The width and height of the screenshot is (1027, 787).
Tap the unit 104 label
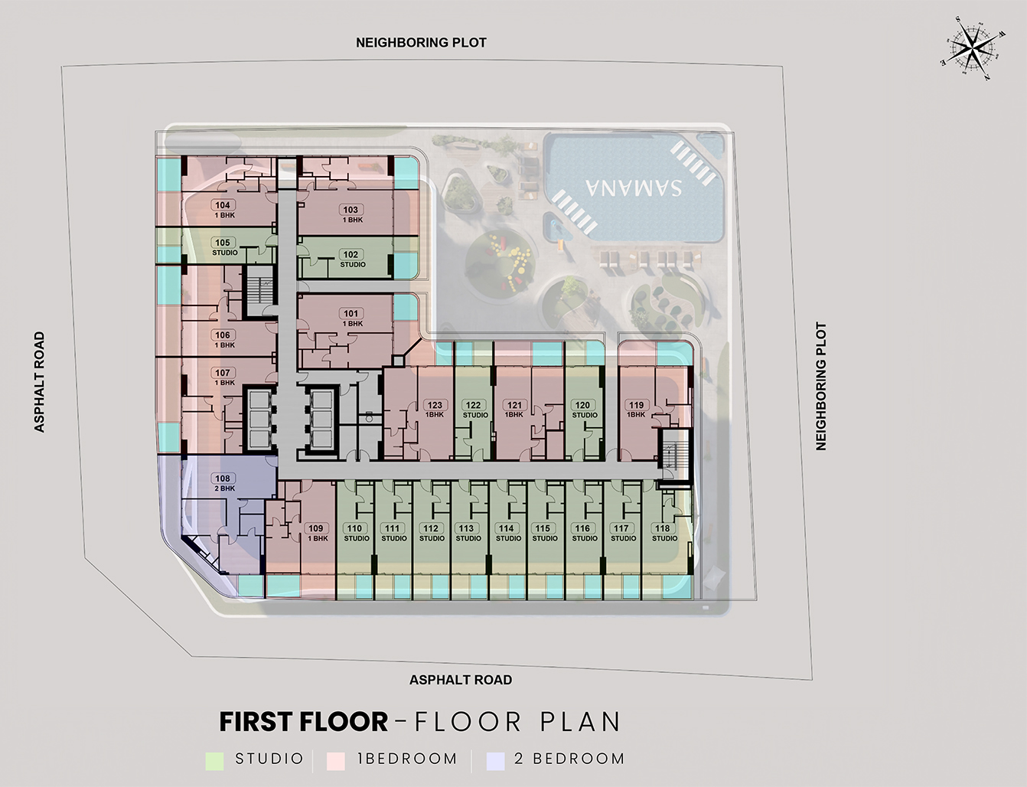pos(223,209)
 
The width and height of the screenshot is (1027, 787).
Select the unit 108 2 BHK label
pos(223,483)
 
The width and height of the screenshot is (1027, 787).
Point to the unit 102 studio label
pos(351,259)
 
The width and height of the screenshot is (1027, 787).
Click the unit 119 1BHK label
pos(636,410)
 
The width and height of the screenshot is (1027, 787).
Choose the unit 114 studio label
pos(507,533)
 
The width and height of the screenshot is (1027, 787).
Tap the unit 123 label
pos(435,410)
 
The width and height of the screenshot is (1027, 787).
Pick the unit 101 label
pos(351,318)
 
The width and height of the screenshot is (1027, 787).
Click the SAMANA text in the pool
pos(634,187)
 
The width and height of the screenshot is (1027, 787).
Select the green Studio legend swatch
pos(215,760)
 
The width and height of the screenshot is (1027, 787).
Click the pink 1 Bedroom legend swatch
pos(336,760)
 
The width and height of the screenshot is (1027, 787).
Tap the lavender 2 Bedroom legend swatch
pos(496,760)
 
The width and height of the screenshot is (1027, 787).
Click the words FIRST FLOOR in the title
pos(304,722)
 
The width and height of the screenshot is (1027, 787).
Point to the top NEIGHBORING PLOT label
pos(421,43)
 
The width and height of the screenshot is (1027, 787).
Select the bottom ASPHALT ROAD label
pos(461,680)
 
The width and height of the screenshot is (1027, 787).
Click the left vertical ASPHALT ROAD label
pos(40,382)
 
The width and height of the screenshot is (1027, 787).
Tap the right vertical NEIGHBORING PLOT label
pos(821,387)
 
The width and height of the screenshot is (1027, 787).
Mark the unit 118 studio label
pos(663,533)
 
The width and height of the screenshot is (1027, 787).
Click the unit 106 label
pos(223,339)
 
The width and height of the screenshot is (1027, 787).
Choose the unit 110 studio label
pos(355,533)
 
